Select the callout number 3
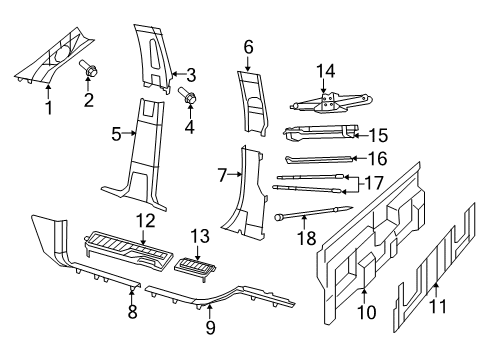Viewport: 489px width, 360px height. (190, 73)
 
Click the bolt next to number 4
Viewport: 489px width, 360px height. (188, 99)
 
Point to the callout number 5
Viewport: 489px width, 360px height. (117, 132)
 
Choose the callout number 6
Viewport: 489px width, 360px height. (248, 46)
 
